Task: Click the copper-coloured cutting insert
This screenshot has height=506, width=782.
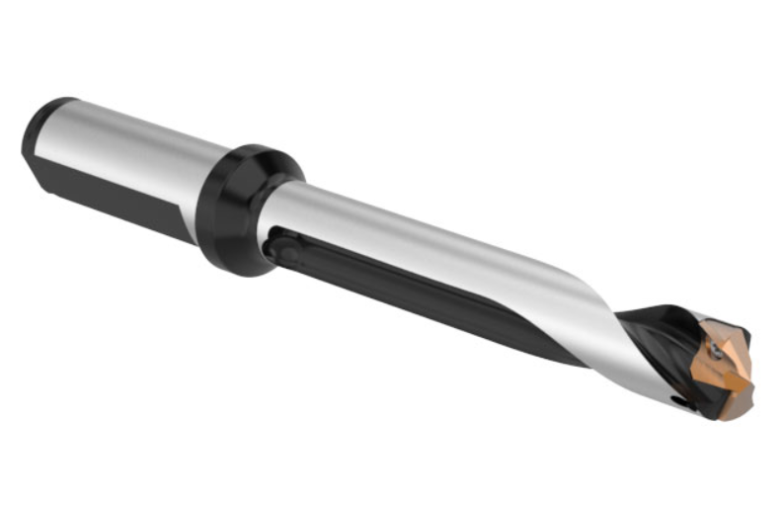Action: click(x=725, y=361)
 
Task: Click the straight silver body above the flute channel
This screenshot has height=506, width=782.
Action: click(x=415, y=237)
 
